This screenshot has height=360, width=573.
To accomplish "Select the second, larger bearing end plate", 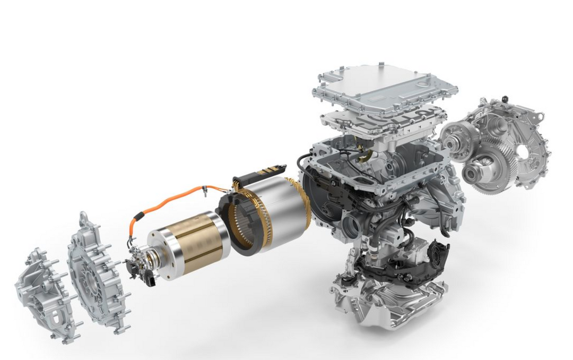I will tap(95, 271).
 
